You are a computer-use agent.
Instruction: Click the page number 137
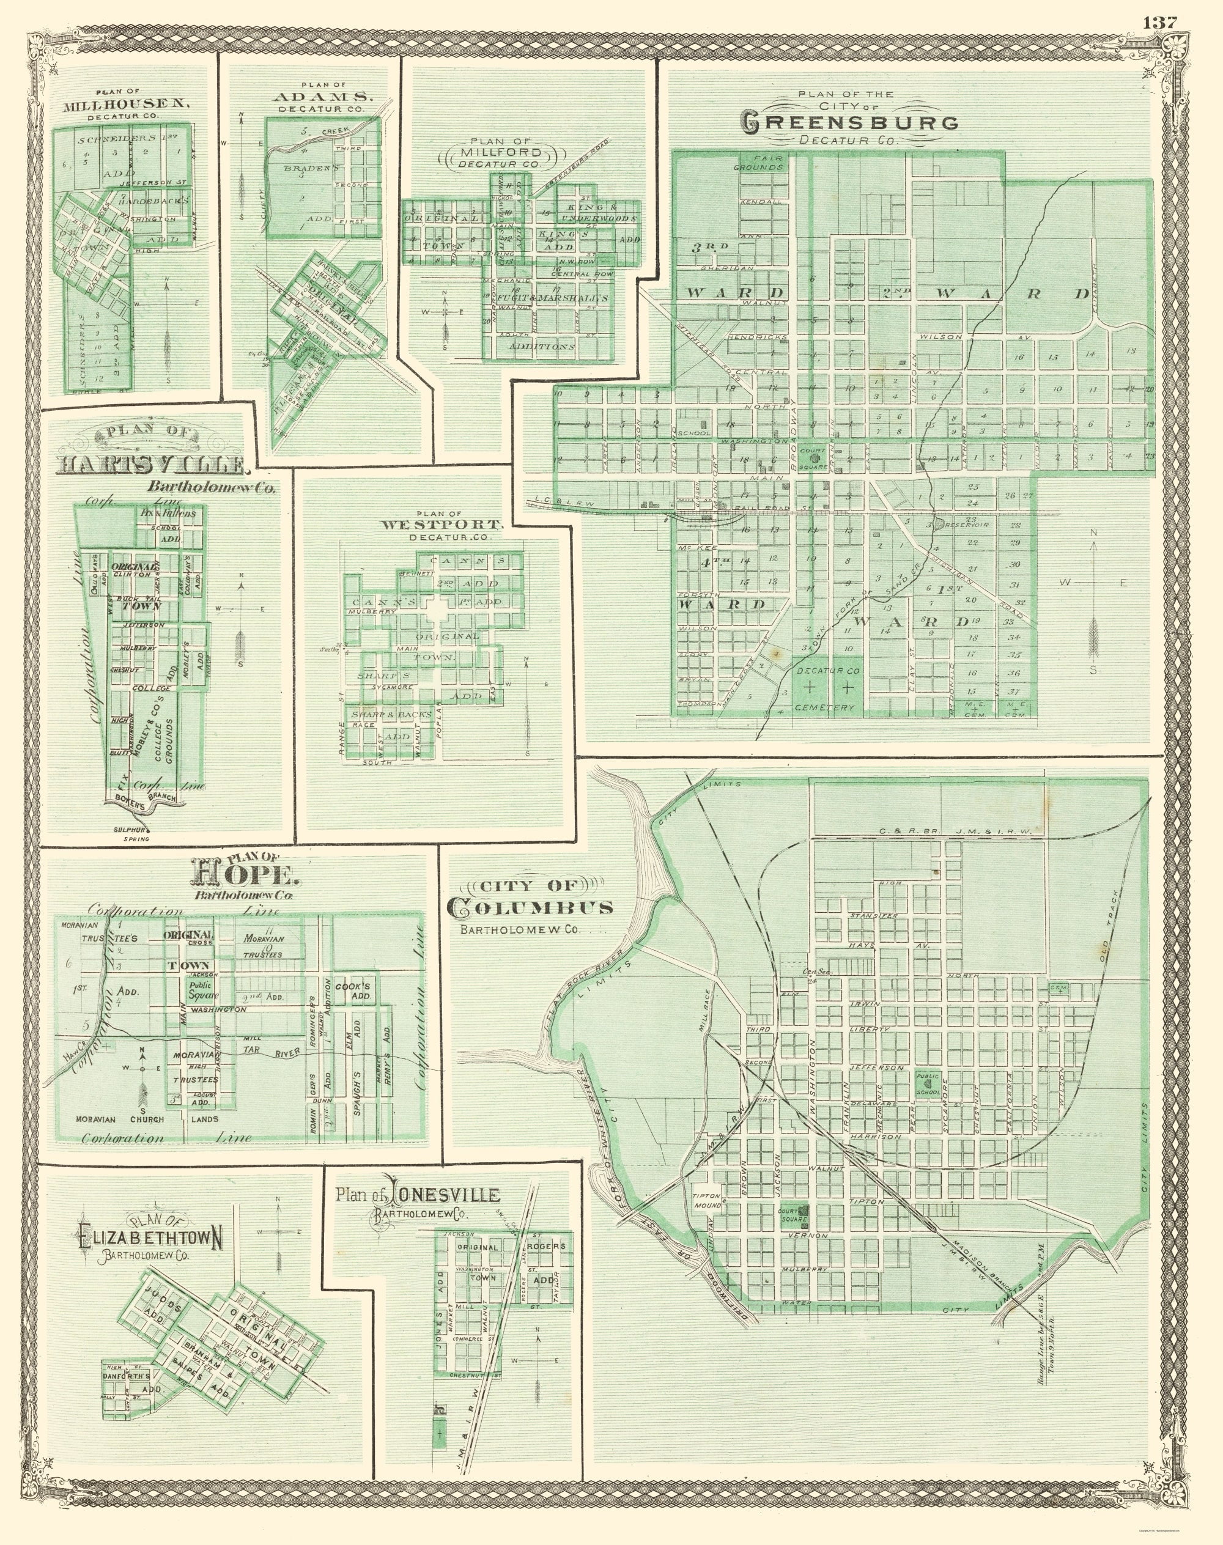[1159, 22]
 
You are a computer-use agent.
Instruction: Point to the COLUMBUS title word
[530, 908]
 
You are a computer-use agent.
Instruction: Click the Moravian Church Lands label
[147, 1119]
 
